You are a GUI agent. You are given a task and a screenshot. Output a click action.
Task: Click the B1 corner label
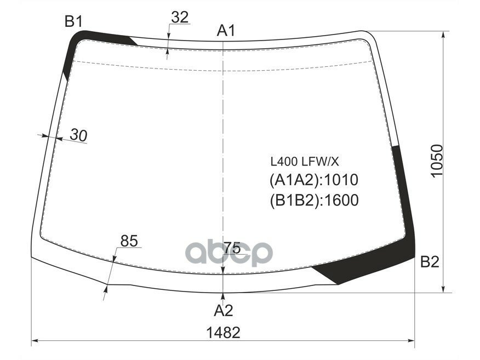coord(73,21)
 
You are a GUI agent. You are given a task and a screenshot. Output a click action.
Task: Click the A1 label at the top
coord(226,31)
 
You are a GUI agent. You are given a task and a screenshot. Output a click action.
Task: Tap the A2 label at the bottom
coord(224,311)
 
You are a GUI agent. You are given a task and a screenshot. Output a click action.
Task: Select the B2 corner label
coord(430,262)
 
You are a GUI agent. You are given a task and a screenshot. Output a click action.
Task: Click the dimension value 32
coord(180,18)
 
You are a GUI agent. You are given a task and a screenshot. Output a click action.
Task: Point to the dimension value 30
coord(79,135)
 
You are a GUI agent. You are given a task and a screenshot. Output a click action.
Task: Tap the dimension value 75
coord(232,248)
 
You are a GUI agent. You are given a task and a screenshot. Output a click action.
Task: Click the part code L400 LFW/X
coord(305,162)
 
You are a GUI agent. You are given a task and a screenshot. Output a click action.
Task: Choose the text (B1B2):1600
coord(313,200)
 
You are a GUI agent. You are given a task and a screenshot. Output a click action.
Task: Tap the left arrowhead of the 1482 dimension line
coord(34,341)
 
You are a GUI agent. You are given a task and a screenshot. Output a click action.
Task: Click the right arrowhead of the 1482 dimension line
coord(413,341)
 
